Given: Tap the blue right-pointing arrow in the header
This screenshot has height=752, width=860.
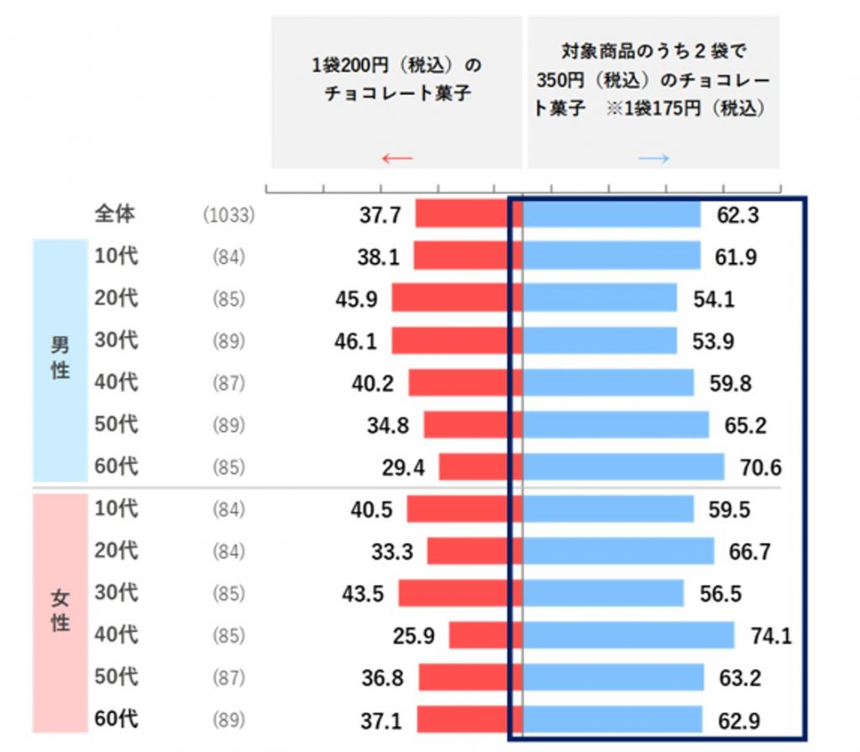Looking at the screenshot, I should tap(653, 158).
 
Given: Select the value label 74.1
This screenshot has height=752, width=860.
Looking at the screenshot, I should tap(771, 636).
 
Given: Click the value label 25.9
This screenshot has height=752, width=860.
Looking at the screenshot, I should tap(414, 636).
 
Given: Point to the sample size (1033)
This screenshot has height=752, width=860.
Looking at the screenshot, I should tap(228, 215).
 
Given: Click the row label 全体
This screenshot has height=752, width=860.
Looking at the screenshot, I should tap(114, 214).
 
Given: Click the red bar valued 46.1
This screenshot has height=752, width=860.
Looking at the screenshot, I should tap(457, 340).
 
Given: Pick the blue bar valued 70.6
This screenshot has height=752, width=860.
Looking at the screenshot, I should tap(623, 466).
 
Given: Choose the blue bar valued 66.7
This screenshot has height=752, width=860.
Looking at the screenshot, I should tap(618, 551).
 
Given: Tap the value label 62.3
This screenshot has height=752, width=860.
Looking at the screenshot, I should tap(738, 215).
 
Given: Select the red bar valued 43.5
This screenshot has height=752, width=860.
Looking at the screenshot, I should tap(460, 593).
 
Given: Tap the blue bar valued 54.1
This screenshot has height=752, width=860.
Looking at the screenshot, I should tap(600, 297).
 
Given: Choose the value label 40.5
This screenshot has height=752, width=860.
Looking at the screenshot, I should tap(371, 509).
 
